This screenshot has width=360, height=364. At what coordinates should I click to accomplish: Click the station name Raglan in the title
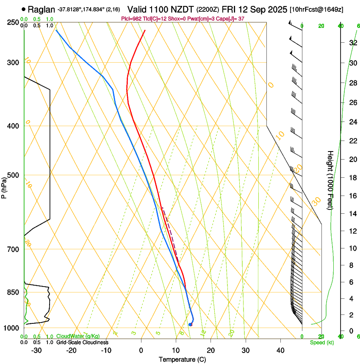tap(42, 9)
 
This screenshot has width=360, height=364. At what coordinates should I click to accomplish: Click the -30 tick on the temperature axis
tap(37, 350)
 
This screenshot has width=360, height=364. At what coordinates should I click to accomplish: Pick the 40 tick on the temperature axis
tap(280, 350)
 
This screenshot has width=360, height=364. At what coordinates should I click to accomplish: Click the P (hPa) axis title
tap(4, 186)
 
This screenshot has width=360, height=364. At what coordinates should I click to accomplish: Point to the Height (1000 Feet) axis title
tap(331, 180)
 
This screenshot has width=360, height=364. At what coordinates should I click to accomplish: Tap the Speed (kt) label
tap(321, 342)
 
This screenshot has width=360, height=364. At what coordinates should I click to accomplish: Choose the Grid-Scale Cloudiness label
tap(82, 342)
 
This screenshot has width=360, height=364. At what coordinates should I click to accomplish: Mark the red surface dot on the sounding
tap(190, 325)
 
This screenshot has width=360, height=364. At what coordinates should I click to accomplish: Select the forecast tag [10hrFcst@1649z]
tap(316, 9)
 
